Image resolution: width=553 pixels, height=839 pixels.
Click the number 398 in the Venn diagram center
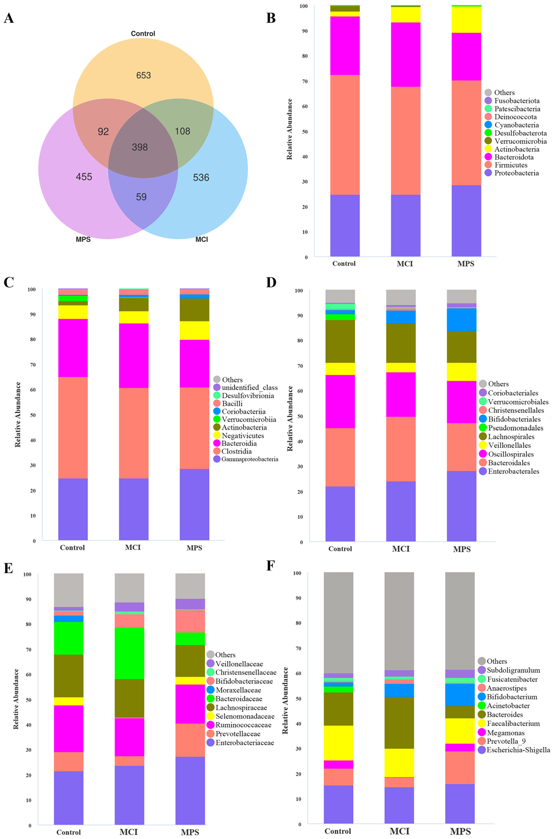click(140, 147)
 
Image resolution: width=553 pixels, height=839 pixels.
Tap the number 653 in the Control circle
click(144, 75)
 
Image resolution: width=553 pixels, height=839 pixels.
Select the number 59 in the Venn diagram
click(141, 197)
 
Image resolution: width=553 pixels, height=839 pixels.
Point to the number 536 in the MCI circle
click(201, 178)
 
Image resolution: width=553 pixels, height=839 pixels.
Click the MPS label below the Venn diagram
click(83, 239)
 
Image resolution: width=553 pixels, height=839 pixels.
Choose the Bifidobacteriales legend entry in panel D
click(514, 419)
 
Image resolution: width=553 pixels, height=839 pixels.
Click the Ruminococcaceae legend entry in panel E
click(243, 725)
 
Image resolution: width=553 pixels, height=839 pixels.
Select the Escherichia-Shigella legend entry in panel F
click(518, 750)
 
